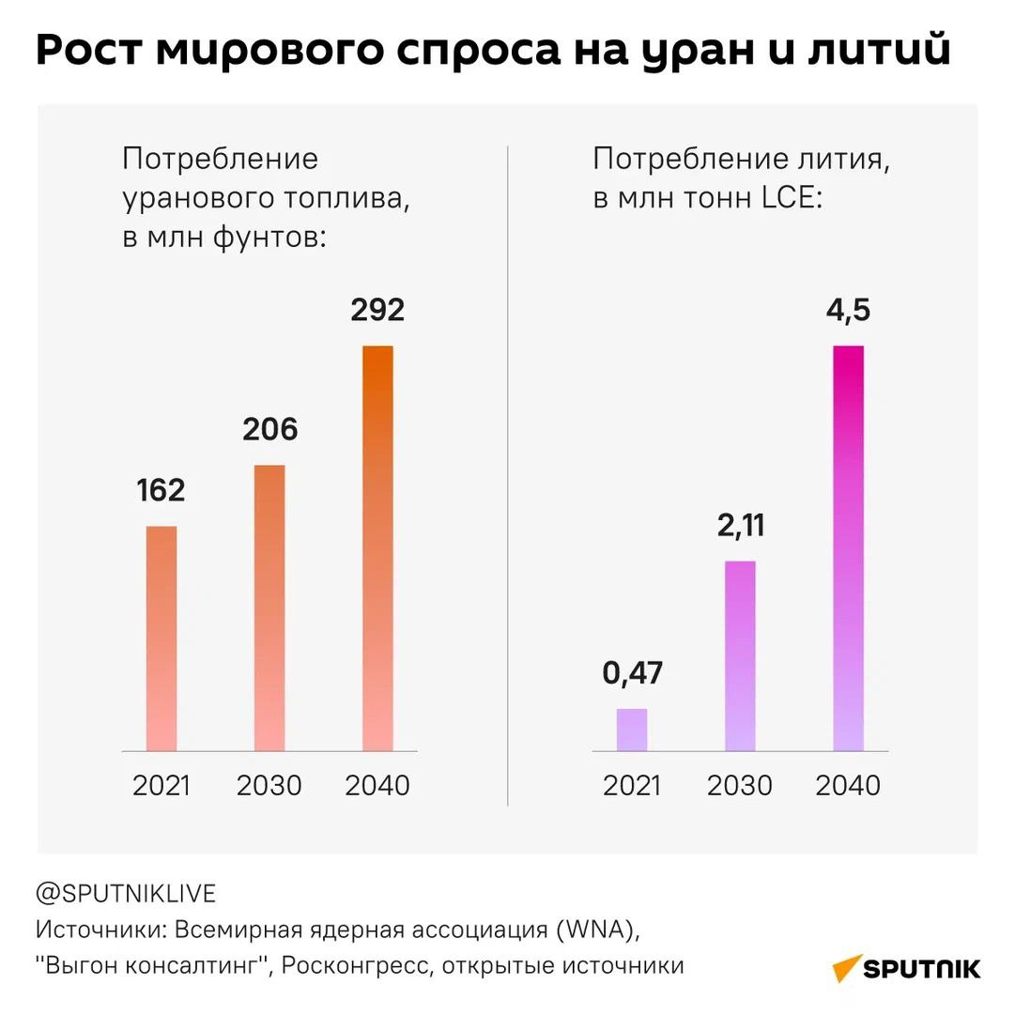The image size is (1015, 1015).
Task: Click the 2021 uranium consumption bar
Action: coord(161,638)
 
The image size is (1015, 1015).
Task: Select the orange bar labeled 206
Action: coord(269,608)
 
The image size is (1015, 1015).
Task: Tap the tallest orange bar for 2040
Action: coord(377,548)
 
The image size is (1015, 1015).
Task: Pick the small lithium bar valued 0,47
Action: coord(632,730)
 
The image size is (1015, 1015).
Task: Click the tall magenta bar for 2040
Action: coord(848,548)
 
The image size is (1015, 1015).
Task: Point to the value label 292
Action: coord(377,310)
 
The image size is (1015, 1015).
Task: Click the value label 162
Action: coord(161,490)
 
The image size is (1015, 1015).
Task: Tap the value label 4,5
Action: coord(847,310)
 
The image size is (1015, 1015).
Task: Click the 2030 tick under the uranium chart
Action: coord(269,785)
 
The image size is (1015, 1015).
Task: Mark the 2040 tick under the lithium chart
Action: coord(848,785)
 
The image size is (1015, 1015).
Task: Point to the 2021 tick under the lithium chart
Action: coord(632,785)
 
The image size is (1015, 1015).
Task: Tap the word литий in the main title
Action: coord(879,53)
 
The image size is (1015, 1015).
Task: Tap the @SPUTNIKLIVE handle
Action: coord(126,892)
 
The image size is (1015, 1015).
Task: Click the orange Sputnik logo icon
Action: coord(848,968)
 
